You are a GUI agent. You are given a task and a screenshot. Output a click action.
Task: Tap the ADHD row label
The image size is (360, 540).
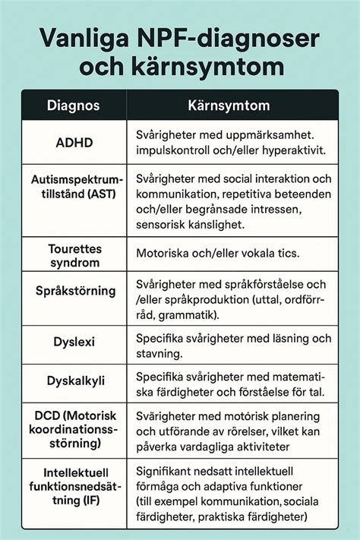(75, 143)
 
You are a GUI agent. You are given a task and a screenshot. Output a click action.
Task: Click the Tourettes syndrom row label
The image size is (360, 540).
(74, 255)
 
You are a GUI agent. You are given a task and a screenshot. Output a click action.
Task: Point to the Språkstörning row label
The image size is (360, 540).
(75, 290)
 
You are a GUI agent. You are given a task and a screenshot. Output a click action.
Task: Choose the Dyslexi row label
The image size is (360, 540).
(75, 342)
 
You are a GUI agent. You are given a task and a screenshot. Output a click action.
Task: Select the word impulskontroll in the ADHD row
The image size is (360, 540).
(173, 150)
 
